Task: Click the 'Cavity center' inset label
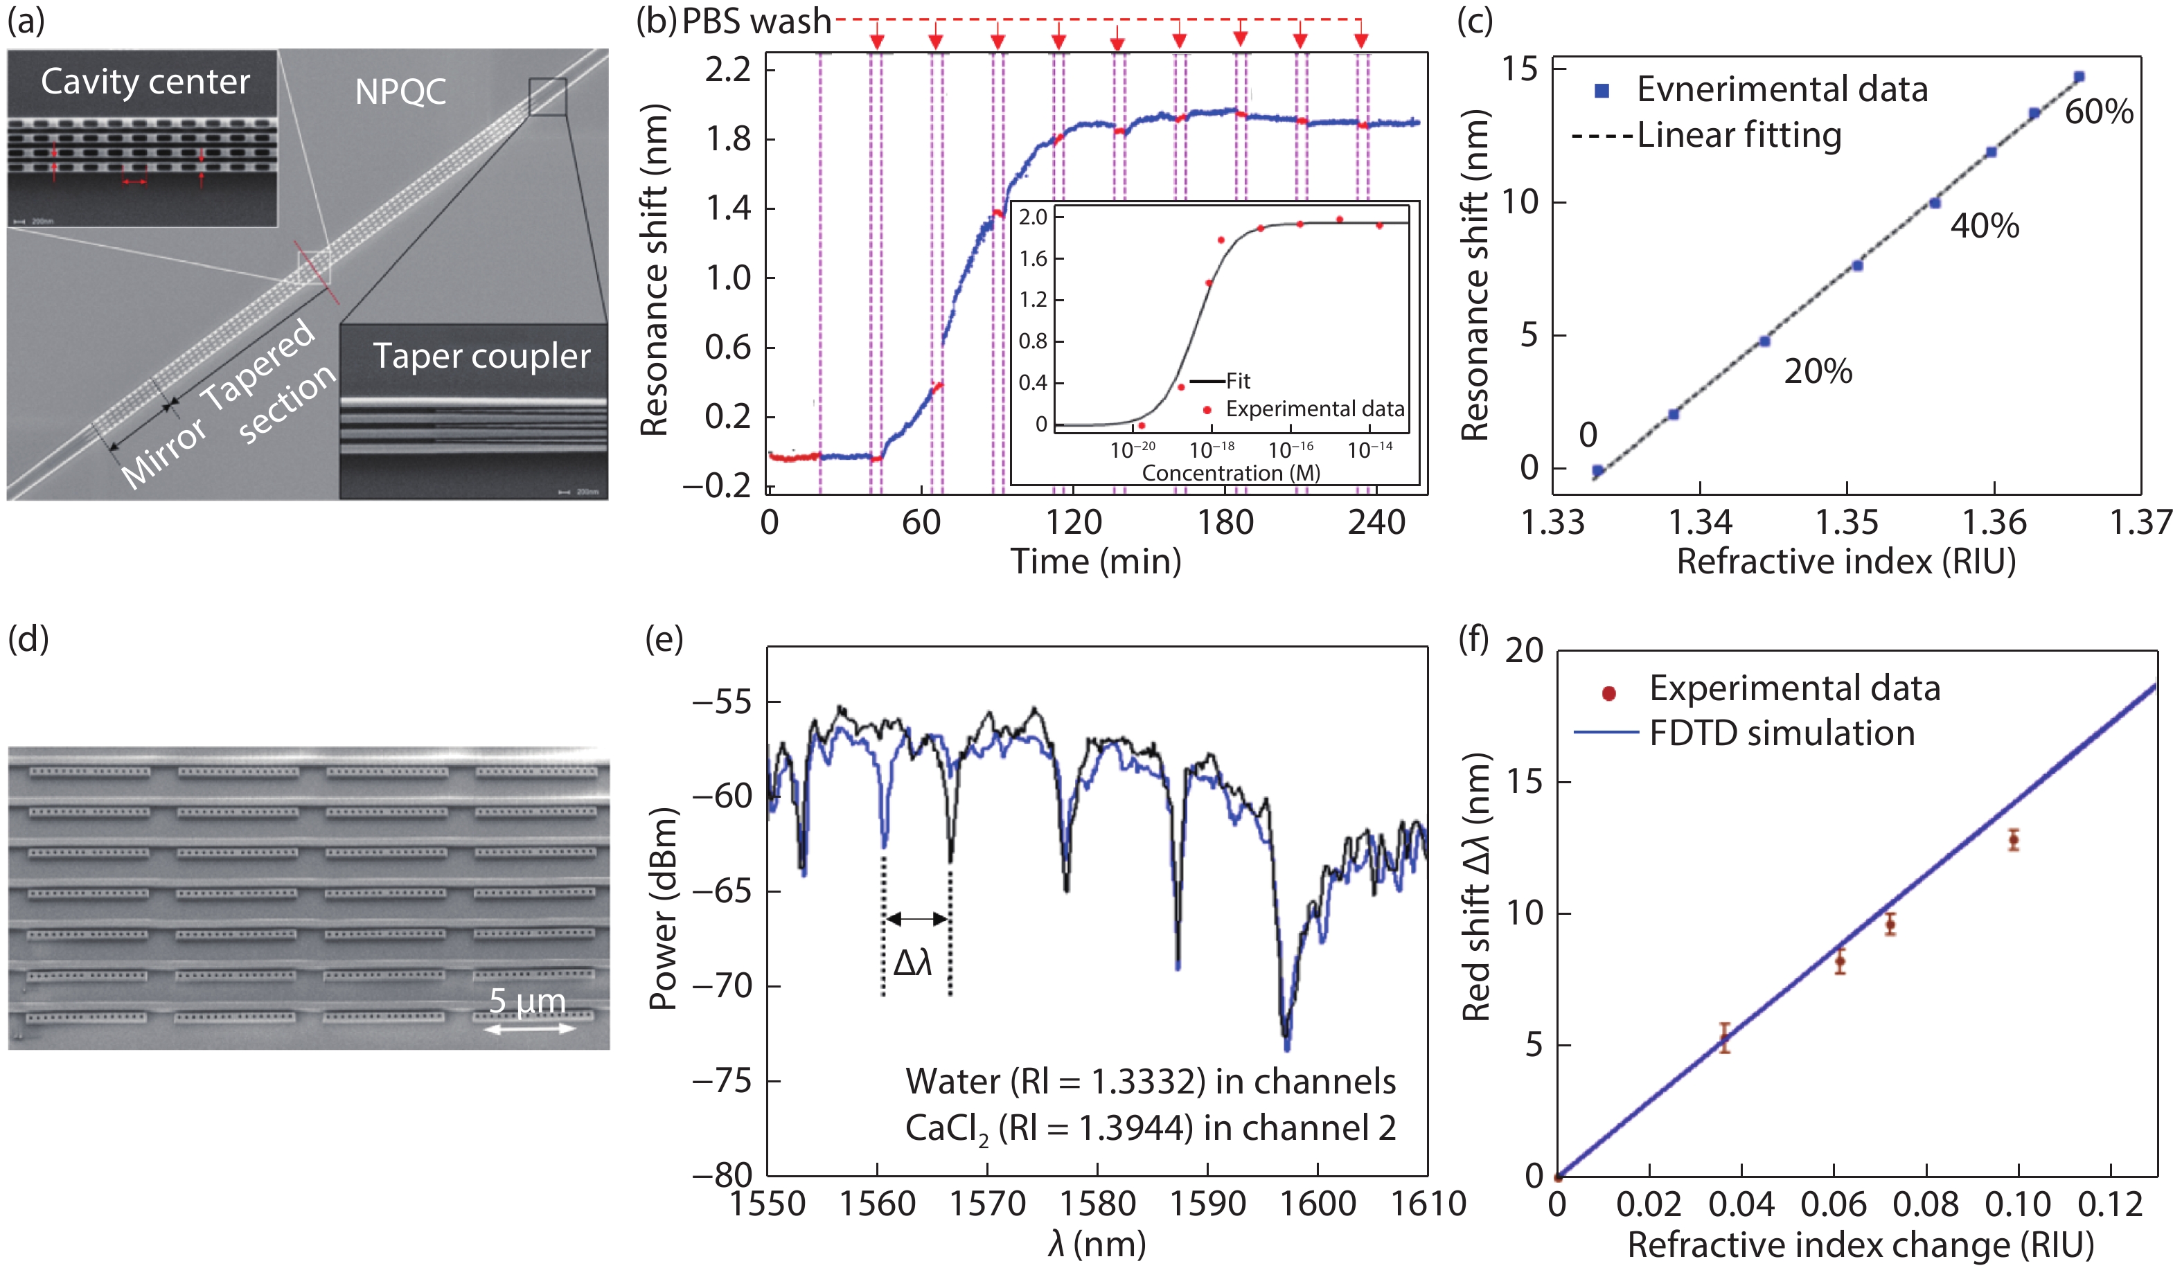[x=145, y=82]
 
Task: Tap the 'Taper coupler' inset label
[x=481, y=356]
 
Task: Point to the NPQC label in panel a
[x=400, y=91]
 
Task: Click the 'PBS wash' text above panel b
[x=756, y=21]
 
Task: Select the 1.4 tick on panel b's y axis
[x=727, y=208]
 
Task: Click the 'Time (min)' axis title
[x=1095, y=562]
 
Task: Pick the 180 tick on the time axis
[x=1225, y=523]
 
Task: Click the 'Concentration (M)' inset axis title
[x=1230, y=472]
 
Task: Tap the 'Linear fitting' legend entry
[x=1739, y=136]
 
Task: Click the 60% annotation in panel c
[x=2099, y=111]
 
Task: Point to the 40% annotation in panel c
[x=1985, y=226]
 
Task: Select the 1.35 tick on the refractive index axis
[x=1847, y=523]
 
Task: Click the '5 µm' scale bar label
[x=527, y=1001]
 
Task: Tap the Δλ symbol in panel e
[x=913, y=963]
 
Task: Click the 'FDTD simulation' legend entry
[x=1782, y=733]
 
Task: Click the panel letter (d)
[x=28, y=639]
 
